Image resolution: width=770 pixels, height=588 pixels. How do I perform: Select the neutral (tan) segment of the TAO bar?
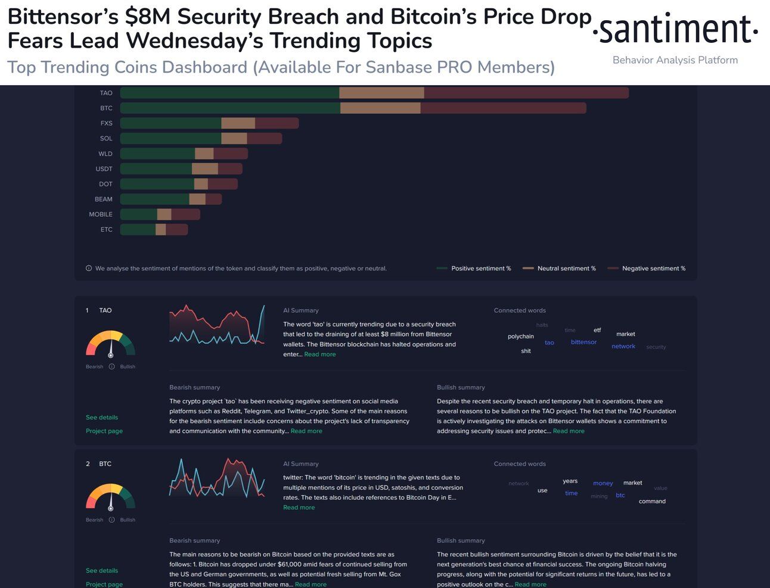[381, 93]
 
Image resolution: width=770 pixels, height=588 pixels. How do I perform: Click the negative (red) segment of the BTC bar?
[503, 108]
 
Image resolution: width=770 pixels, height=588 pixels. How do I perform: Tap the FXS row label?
[106, 123]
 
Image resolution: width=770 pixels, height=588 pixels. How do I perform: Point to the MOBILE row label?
[101, 214]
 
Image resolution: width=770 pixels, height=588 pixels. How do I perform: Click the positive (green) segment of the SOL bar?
[170, 139]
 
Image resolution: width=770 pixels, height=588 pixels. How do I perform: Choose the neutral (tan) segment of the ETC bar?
[161, 229]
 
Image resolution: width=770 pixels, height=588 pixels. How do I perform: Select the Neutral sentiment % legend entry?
[566, 269]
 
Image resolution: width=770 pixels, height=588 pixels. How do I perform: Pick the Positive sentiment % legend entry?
[480, 269]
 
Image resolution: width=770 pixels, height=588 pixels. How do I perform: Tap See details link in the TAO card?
[102, 418]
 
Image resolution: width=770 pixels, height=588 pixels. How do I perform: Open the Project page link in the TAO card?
[104, 431]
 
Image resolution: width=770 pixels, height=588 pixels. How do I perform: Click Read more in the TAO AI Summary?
[320, 354]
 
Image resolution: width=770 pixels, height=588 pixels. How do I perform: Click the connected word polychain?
[520, 337]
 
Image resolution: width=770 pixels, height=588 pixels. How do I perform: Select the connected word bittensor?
[583, 342]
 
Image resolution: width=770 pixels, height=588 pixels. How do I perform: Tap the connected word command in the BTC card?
[652, 502]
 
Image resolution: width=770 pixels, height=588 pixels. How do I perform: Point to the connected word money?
[603, 483]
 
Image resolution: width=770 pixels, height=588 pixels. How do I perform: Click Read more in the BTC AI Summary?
[299, 508]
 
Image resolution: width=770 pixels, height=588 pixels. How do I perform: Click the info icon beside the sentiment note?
[89, 269]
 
